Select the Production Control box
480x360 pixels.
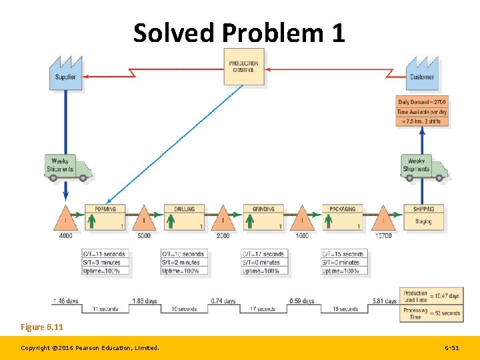(243, 67)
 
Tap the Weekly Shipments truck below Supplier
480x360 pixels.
(69, 167)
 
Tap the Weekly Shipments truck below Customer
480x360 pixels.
(424, 167)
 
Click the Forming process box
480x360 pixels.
(105, 218)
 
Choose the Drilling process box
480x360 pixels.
(184, 218)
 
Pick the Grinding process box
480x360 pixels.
(263, 218)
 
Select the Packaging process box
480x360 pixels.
(342, 218)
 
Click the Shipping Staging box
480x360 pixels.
(423, 218)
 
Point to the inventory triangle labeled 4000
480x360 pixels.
(65, 218)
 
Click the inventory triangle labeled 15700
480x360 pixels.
(383, 218)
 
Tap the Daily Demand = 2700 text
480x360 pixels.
(422, 102)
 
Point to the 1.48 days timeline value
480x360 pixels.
(65, 301)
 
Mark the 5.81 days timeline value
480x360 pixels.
(384, 301)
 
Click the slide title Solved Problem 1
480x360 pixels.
(239, 33)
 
